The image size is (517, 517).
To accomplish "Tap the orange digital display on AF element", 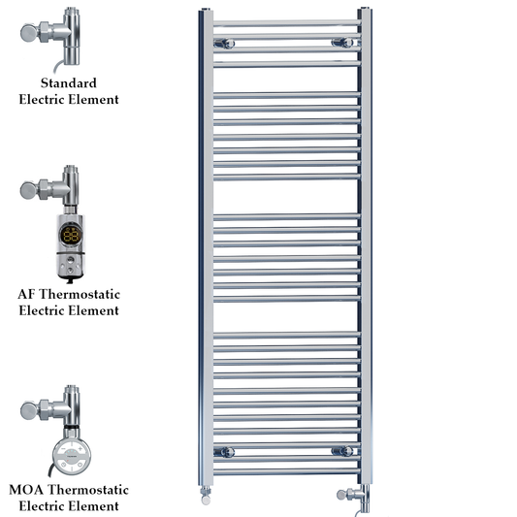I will (70, 234).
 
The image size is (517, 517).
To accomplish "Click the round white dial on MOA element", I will (69, 453).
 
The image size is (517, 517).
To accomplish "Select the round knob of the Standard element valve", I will (30, 33).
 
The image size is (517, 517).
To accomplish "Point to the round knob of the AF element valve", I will (30, 189).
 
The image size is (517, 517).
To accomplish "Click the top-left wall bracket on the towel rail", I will (224, 42).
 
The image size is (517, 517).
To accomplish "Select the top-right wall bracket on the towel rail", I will (340, 42).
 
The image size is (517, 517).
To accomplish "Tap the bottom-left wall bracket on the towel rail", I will (224, 451).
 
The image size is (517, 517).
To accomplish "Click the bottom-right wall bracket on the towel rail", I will (340, 451).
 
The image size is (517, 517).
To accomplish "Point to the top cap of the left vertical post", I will (207, 11).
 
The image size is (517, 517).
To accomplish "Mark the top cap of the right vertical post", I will (365, 11).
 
